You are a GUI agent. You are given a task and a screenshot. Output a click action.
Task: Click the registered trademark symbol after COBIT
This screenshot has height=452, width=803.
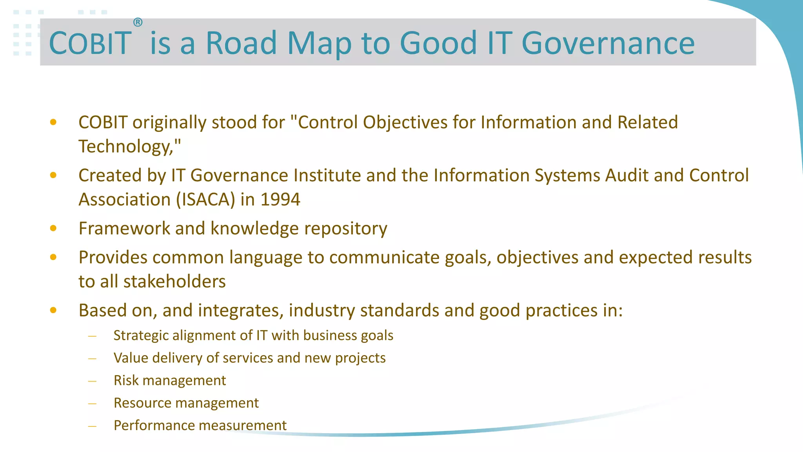pyautogui.click(x=138, y=22)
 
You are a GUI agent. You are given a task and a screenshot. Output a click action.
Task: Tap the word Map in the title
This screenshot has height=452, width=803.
pyautogui.click(x=319, y=43)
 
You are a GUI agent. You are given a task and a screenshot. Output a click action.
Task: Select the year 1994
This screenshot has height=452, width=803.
pyautogui.click(x=280, y=199)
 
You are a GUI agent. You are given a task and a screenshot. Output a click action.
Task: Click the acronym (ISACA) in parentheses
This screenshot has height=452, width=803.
pyautogui.click(x=205, y=199)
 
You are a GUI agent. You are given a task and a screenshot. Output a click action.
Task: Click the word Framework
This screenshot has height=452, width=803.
pyautogui.click(x=124, y=228)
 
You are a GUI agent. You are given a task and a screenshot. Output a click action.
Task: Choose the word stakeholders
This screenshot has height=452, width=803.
pyautogui.click(x=174, y=281)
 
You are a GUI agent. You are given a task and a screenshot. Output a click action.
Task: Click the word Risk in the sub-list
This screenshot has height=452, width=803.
pyautogui.click(x=126, y=380)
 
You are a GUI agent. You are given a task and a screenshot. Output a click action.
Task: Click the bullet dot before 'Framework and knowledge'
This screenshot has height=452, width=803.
pyautogui.click(x=53, y=228)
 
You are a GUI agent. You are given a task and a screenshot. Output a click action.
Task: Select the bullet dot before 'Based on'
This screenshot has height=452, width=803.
pyautogui.click(x=53, y=310)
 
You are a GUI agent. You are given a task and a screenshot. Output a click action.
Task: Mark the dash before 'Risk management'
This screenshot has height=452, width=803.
pyautogui.click(x=93, y=381)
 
